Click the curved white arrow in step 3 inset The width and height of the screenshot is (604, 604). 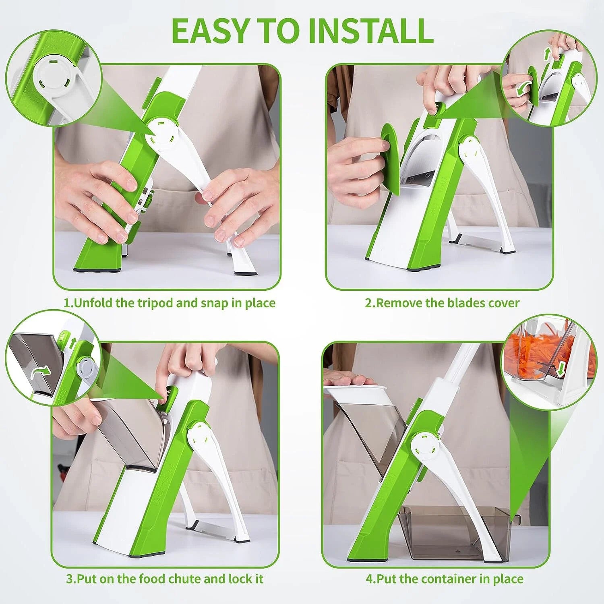[41, 371]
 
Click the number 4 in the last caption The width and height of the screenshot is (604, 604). [370, 579]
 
